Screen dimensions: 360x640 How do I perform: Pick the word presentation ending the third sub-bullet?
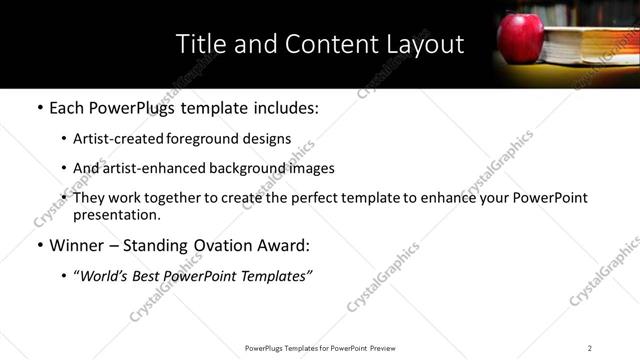pos(116,214)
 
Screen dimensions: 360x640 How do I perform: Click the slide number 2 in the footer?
pos(589,348)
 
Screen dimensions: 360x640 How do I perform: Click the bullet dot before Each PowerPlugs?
pos(40,107)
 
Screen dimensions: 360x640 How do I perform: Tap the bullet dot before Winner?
pos(40,245)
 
